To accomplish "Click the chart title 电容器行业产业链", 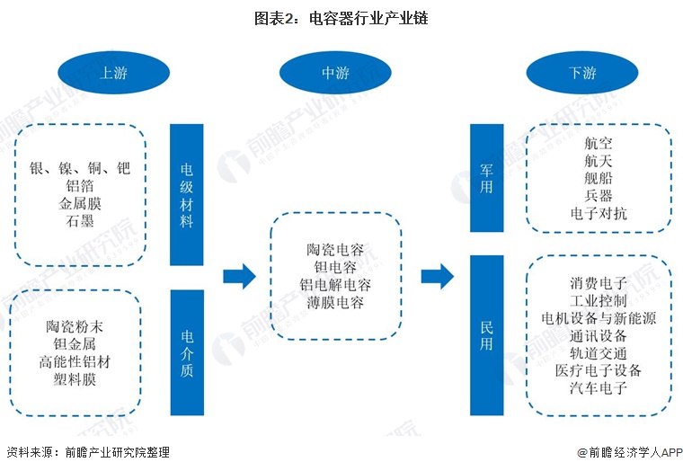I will pyautogui.click(x=341, y=17).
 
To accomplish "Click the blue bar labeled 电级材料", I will pyautogui.click(x=187, y=195).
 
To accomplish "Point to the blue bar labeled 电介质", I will pyautogui.click(x=187, y=353).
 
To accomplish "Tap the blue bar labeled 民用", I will pyautogui.click(x=486, y=334).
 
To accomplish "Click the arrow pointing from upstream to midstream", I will pyautogui.click(x=240, y=276).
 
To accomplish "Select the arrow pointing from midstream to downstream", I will pyautogui.click(x=437, y=276).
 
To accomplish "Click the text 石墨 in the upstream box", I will pyautogui.click(x=80, y=220).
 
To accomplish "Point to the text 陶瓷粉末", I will pyautogui.click(x=80, y=325).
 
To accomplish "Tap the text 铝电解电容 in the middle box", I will pyautogui.click(x=335, y=285).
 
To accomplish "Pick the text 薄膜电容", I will pyautogui.click(x=335, y=303).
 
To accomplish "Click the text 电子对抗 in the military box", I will pyautogui.click(x=599, y=213).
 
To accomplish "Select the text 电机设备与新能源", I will pyautogui.click(x=599, y=318).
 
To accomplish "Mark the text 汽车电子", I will pyautogui.click(x=599, y=388).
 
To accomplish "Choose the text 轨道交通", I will pyautogui.click(x=599, y=353).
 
